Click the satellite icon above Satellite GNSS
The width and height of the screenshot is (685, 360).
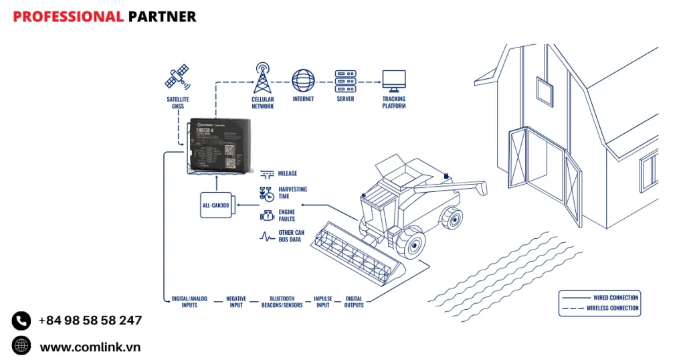[x=177, y=78]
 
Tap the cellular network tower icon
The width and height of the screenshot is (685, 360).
[x=262, y=79]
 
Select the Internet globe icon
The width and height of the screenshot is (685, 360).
[x=303, y=80]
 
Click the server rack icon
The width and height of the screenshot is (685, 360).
[x=345, y=80]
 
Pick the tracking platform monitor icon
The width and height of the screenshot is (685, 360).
[x=393, y=80]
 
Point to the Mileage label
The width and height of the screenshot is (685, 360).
[x=288, y=173]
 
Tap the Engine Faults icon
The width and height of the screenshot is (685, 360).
[x=267, y=215]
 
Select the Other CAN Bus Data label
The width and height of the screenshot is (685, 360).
[x=292, y=236]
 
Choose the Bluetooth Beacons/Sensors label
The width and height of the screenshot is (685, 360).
[x=282, y=302]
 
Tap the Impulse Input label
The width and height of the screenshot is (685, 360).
[x=322, y=302]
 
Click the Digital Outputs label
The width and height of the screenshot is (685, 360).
[x=354, y=302]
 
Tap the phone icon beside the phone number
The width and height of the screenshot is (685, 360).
[x=21, y=321]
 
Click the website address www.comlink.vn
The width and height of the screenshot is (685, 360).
[x=90, y=347]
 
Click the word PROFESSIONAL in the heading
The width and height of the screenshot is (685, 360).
[x=68, y=17]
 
